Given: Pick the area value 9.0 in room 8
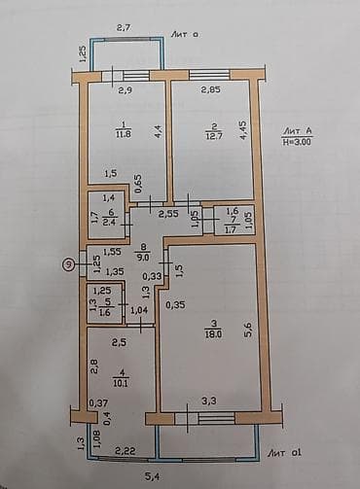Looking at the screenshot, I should coord(143,258).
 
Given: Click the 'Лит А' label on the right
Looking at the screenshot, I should coord(298,129).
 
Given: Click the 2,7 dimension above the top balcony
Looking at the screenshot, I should coord(124,27).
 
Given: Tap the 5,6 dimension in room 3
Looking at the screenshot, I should coord(248,331).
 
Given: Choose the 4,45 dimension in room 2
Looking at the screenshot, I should coord(242,132).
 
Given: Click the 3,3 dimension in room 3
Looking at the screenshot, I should coord(208,400).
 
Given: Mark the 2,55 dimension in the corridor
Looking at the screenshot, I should coord(168,212).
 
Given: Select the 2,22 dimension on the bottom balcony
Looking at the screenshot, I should coord(124,451).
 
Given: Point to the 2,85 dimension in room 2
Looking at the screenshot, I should coord(211,90).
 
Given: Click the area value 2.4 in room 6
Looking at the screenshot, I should coord(111,222).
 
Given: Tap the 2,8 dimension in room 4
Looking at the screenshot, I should coord(95,365).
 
